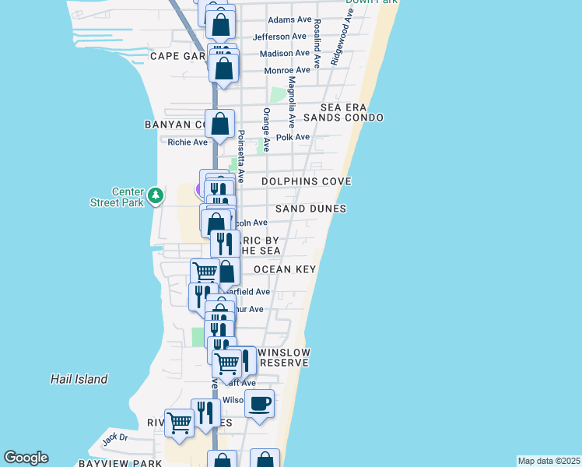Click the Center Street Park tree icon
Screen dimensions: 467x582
tap(156, 195)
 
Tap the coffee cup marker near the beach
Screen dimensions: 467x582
tap(259, 404)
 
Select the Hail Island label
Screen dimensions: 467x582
tap(78, 379)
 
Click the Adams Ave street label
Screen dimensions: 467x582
tap(289, 20)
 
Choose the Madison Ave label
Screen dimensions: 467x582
tap(285, 53)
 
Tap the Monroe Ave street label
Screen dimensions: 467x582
tap(287, 70)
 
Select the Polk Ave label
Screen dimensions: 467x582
tap(293, 137)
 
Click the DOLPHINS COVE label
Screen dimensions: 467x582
tap(306, 181)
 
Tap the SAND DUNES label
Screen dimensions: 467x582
tap(310, 209)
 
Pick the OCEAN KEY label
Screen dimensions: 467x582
tap(284, 269)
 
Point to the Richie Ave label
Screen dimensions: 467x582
tap(188, 142)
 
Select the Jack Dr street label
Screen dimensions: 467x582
tap(114, 438)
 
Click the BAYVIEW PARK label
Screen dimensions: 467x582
tap(120, 463)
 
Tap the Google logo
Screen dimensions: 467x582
tap(26, 458)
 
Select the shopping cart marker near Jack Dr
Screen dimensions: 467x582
tap(180, 423)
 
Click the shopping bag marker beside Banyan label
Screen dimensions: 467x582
tap(220, 124)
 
